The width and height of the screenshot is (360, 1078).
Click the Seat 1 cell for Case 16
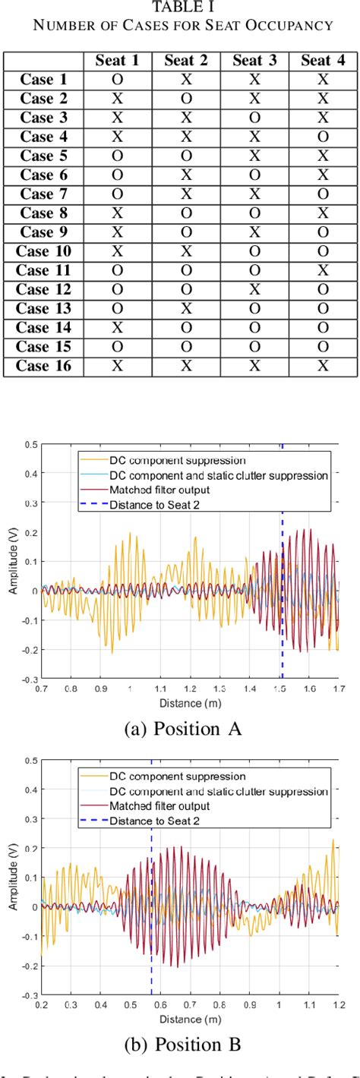(x=117, y=366)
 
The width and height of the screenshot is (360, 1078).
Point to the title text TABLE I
(x=179, y=8)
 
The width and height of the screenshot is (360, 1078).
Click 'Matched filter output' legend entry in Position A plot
(x=159, y=490)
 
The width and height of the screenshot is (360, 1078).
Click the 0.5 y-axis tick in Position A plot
(x=31, y=444)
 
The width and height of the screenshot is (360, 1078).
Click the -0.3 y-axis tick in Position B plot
(x=29, y=994)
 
